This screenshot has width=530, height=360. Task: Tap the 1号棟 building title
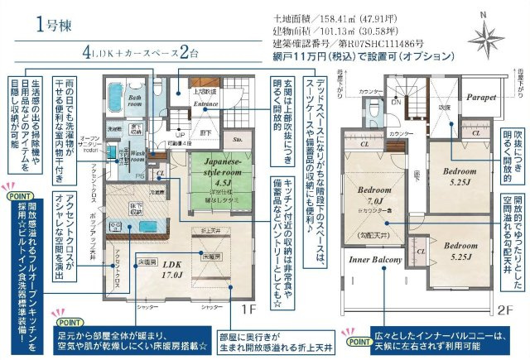pos(51,23)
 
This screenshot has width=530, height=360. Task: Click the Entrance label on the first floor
pos(206,103)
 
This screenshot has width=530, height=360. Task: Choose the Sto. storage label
pos(238,141)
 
